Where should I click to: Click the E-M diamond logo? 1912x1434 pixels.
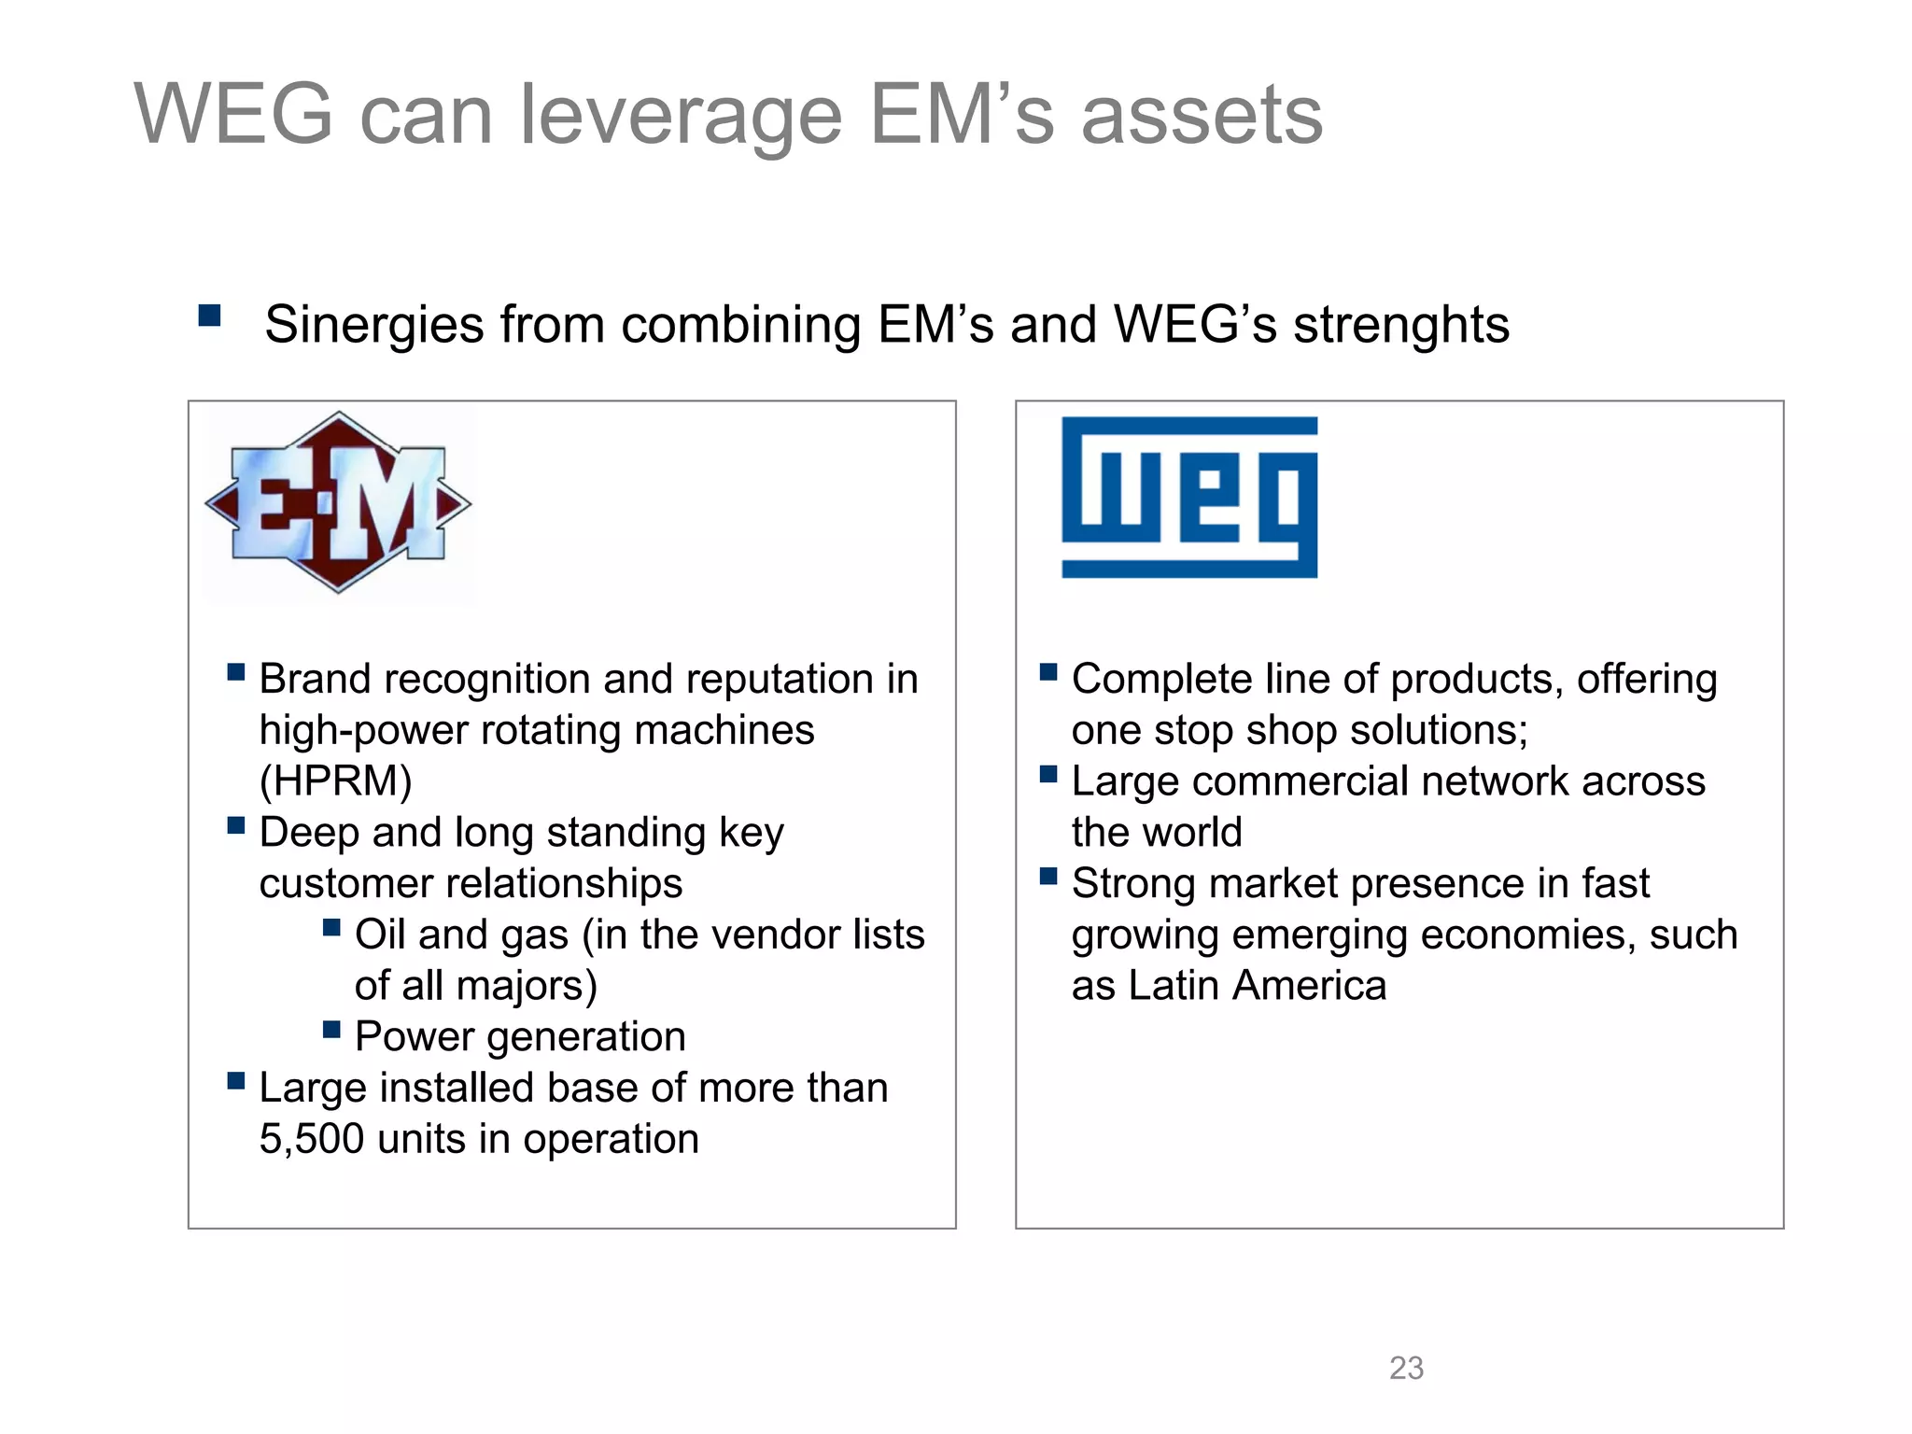tap(338, 502)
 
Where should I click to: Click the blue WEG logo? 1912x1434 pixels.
tap(1189, 497)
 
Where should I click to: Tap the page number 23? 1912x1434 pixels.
tap(1406, 1368)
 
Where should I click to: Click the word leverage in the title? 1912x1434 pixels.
tap(681, 116)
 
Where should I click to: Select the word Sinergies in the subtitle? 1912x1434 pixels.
tap(374, 325)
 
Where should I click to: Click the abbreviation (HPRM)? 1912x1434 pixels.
tap(335, 781)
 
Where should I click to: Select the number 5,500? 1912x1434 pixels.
tap(312, 1139)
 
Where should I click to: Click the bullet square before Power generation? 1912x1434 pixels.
tap(331, 1029)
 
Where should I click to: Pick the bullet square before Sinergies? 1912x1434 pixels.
tap(210, 316)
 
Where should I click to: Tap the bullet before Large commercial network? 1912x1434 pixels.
tap(1048, 774)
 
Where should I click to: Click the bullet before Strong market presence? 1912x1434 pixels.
tap(1048, 876)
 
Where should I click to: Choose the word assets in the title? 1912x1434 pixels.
tap(1202, 116)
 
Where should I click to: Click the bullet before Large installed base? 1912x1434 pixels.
tap(236, 1080)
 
